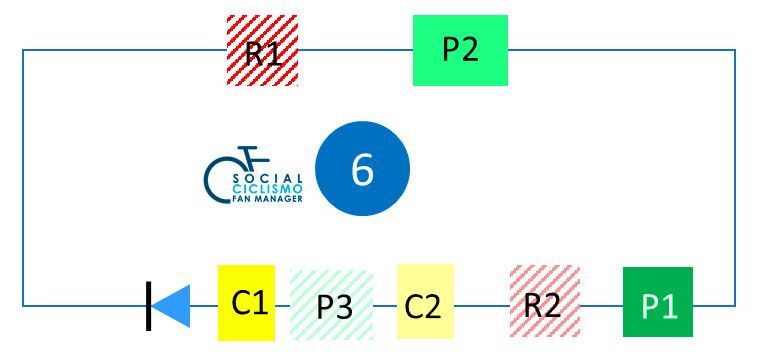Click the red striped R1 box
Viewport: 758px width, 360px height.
(262, 50)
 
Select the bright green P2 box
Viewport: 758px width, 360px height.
(460, 50)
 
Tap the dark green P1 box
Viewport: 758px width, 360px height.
(657, 302)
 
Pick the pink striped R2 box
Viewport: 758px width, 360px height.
(545, 301)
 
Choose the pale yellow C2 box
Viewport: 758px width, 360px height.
(425, 301)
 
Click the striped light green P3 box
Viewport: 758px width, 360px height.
(331, 304)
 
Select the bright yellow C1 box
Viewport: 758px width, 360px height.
(247, 302)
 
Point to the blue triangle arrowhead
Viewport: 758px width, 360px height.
(171, 306)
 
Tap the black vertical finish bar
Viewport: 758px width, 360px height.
(148, 306)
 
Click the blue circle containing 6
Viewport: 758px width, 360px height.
(363, 168)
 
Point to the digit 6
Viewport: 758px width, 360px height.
(363, 169)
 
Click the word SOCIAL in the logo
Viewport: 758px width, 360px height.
(268, 179)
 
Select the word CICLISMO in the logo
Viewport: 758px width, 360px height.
(268, 188)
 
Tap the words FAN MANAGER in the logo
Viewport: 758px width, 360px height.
(268, 198)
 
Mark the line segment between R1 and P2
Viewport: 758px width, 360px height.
(355, 50)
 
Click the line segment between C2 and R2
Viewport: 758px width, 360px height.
(482, 305)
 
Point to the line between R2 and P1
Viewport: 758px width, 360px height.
(601, 305)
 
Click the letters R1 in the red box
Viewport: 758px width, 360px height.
(263, 53)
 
